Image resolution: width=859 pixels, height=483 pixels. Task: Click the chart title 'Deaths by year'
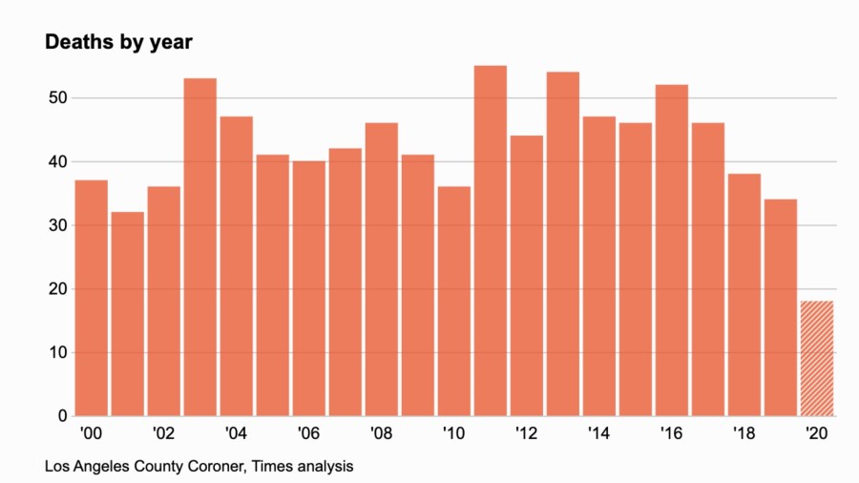(119, 43)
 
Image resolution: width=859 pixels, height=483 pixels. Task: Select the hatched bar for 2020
(816, 359)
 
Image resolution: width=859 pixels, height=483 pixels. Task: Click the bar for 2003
(199, 247)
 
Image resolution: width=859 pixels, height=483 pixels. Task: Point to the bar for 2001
(127, 314)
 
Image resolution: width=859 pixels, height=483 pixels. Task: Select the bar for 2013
(562, 244)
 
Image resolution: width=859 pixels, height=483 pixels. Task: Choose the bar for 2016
(671, 250)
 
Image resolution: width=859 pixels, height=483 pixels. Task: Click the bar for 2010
(453, 302)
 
